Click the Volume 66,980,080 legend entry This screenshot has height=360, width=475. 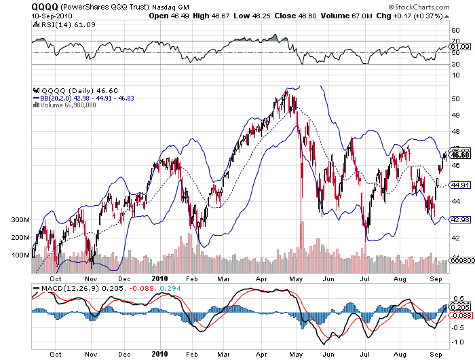(69, 105)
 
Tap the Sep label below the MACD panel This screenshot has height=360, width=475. (436, 354)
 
